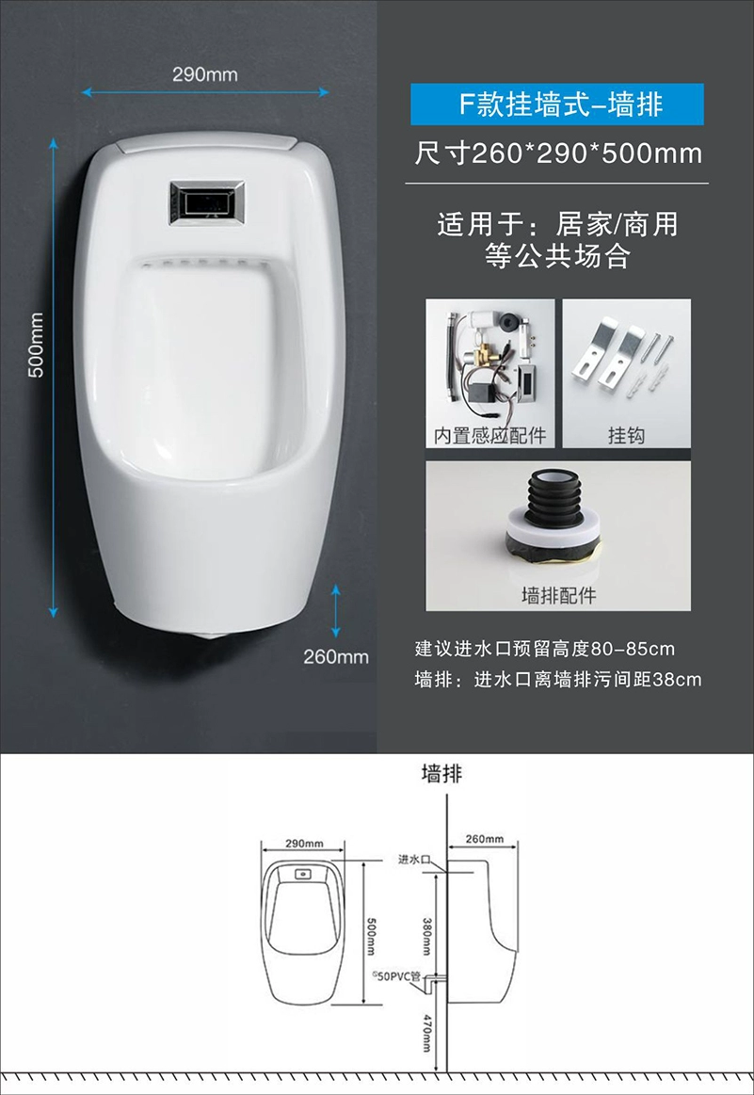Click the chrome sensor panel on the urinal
[x=207, y=202]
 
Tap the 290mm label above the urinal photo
[x=205, y=74]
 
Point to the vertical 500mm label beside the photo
[x=37, y=345]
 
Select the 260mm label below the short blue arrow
[x=336, y=656]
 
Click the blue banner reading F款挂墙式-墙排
[x=557, y=105]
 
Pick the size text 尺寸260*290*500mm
[x=558, y=153]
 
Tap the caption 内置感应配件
[x=490, y=435]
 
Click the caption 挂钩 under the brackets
[x=626, y=435]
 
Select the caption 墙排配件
[x=558, y=595]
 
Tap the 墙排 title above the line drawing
[x=441, y=774]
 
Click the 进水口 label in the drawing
[x=413, y=859]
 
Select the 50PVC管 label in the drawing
[x=396, y=975]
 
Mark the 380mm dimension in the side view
[x=426, y=936]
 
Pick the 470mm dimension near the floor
[x=426, y=1034]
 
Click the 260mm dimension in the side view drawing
[x=485, y=838]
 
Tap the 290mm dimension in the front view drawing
[x=304, y=843]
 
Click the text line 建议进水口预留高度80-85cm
[x=544, y=649]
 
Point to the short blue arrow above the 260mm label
[x=336, y=611]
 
